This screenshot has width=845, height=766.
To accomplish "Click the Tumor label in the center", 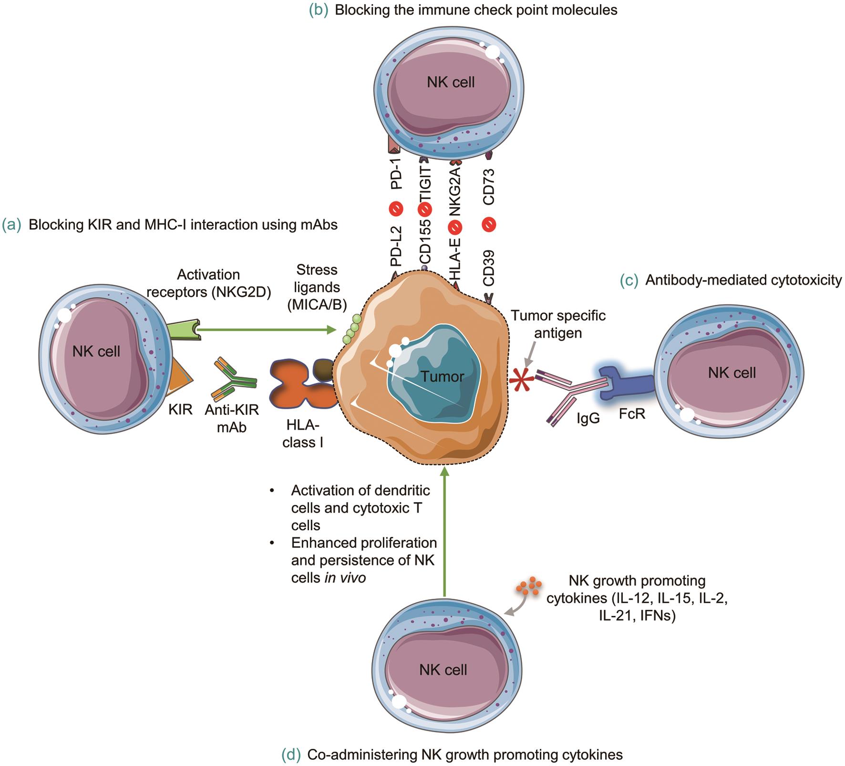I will pos(443,377).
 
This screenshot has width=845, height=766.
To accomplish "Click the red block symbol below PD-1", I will pos(396,209).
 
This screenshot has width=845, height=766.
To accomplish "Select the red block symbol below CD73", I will pos(489,224).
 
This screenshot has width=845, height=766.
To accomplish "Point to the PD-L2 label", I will pos(396,246).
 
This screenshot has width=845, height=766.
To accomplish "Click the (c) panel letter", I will pos(629,280).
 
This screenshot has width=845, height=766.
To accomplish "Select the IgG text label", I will pos(588,419).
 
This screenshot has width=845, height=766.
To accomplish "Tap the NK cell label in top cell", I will pos(450,82).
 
